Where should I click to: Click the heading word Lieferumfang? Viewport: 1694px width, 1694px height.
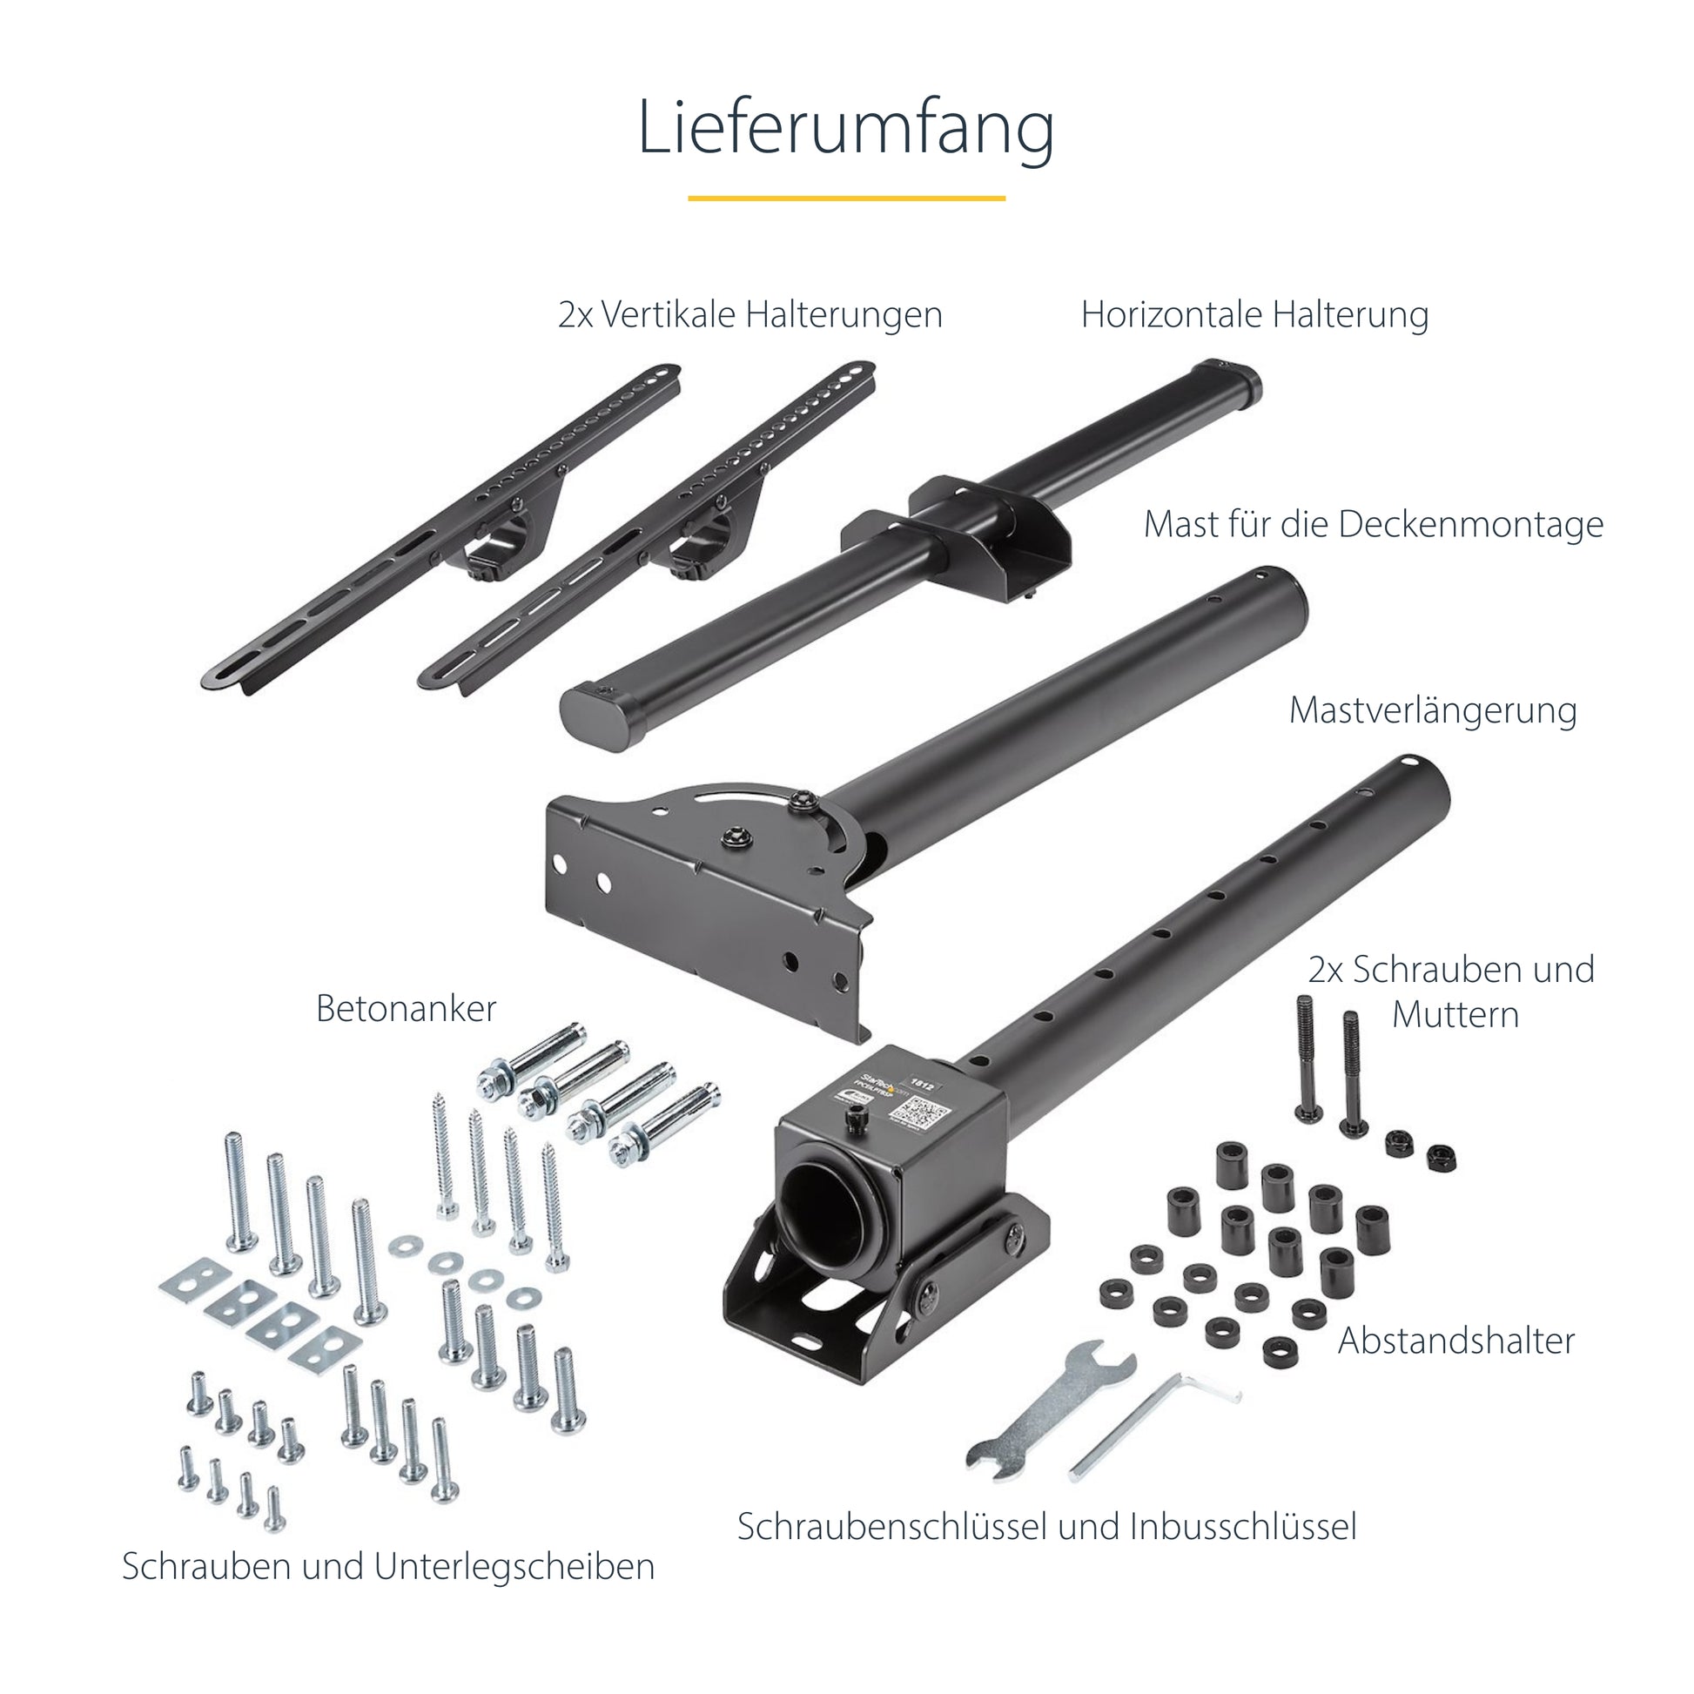845,128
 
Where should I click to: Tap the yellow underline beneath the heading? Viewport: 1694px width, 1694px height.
845,198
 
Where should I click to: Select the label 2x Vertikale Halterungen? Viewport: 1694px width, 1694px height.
750,315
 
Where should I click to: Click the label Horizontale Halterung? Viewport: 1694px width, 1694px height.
1254,315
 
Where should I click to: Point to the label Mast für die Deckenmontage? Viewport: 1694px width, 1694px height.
1372,524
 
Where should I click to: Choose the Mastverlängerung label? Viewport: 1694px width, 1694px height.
1432,710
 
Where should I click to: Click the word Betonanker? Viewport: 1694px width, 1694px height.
406,1008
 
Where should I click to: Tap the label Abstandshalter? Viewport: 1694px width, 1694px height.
1455,1341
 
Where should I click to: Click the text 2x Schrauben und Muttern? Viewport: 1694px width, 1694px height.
1451,992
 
